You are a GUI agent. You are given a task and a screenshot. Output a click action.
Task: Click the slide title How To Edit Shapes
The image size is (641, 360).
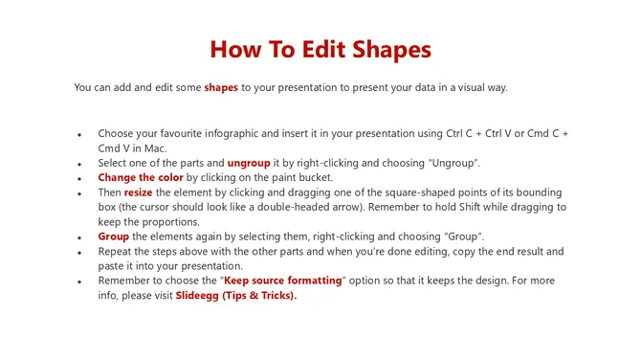pos(320,50)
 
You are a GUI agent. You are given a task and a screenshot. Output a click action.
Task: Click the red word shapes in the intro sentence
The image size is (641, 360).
pos(221,88)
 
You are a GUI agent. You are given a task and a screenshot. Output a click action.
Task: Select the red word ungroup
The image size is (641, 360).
pos(249,163)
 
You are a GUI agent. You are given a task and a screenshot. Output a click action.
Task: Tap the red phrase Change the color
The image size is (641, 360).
pos(141,178)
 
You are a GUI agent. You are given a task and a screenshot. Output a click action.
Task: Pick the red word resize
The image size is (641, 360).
pos(138,192)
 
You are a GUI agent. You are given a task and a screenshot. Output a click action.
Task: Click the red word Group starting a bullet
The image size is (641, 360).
pos(114,236)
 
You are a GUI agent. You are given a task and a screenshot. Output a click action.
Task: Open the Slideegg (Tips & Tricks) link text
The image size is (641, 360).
pos(235,296)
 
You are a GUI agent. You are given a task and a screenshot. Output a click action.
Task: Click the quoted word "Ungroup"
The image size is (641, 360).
pos(451,163)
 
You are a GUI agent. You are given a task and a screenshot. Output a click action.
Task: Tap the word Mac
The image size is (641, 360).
pos(154,148)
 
